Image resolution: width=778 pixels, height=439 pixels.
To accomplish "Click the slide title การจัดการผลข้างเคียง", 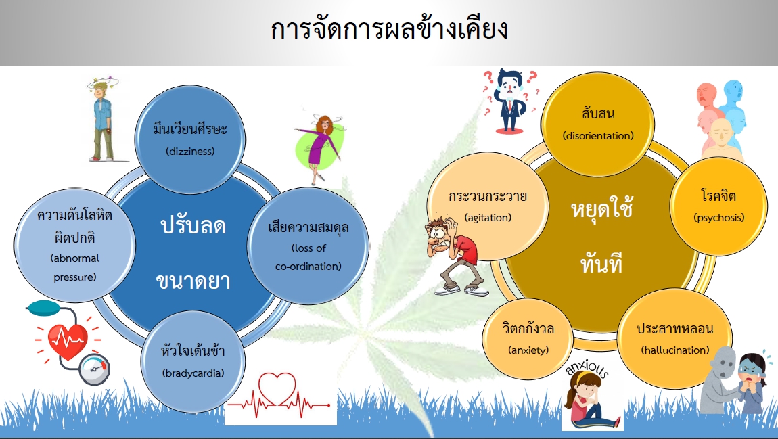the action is coord(389,30).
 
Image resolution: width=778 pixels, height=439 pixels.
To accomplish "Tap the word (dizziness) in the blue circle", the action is coord(191,152).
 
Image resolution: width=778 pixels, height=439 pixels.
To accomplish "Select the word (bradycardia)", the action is coord(193,373).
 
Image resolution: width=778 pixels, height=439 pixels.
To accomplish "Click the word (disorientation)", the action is coord(598,136).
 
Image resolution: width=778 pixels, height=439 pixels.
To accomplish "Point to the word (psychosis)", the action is coord(719,218).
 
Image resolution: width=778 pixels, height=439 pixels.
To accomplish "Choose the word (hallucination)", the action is coord(674,350).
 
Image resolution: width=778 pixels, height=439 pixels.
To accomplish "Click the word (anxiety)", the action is coord(528,350).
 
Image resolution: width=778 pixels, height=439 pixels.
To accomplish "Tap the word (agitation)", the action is coord(488,218).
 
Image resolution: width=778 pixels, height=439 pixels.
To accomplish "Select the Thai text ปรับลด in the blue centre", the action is coord(193,226).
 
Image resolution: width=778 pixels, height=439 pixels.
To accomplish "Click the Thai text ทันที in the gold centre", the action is coord(601,263).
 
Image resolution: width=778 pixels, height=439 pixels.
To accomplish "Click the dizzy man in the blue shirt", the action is coord(102,120).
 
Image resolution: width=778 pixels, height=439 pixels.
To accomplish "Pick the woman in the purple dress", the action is coord(319,148).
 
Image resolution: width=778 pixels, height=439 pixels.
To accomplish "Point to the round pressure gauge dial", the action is coord(95,369).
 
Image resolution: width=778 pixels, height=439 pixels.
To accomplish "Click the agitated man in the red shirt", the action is coord(453,256).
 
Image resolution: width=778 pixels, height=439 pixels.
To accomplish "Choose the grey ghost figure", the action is coord(719,379).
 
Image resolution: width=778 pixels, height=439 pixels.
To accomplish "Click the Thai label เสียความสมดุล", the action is coord(308,228).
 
